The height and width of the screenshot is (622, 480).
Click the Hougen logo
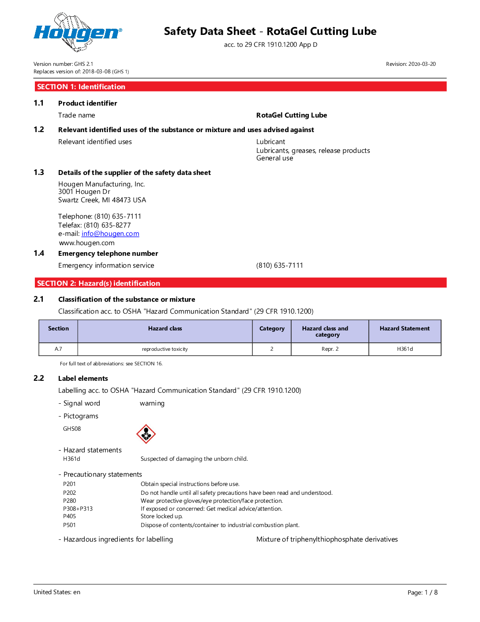[x=78, y=32]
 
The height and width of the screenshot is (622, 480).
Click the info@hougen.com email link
[x=110, y=234]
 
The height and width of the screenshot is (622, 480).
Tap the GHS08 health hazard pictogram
[x=146, y=434]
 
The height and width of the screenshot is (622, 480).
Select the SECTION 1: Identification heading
[x=81, y=87]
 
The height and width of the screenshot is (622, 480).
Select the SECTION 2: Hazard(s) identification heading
[x=98, y=283]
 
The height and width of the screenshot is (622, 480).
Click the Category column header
[x=272, y=329]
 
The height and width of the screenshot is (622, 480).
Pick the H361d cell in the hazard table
[x=405, y=349]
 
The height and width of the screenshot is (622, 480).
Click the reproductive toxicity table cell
[x=165, y=349]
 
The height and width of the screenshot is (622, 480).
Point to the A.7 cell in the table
[x=58, y=349]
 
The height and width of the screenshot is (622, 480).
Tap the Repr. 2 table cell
[x=330, y=349]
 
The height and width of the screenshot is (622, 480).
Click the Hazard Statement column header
[x=405, y=329]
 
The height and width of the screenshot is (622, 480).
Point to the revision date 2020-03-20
[x=411, y=64]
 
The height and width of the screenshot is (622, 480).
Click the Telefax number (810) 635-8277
[x=107, y=225]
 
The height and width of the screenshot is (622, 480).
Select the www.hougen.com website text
[x=87, y=243]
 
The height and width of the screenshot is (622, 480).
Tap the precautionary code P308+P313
[x=78, y=509]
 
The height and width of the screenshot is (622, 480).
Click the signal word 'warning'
[x=152, y=403]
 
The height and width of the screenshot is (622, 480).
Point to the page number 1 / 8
[x=431, y=592]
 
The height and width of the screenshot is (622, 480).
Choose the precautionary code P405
[x=69, y=516]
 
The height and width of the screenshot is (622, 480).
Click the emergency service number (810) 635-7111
[x=280, y=265]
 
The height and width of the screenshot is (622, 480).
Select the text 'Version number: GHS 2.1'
[x=63, y=64]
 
